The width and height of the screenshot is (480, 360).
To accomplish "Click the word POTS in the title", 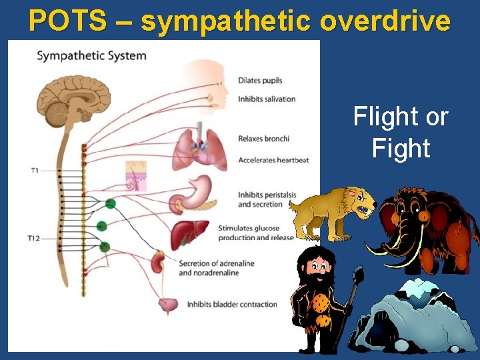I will [x=67, y=21].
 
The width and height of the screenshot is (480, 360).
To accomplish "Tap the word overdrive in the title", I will [x=385, y=21].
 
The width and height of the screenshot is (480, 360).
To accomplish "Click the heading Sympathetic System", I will [x=91, y=55].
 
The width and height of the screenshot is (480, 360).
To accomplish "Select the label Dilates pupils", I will [x=260, y=81].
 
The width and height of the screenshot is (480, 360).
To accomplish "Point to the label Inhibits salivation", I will [x=267, y=99].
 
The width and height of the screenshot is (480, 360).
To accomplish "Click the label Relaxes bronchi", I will [x=263, y=139].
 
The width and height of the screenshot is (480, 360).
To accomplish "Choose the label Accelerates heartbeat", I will [x=273, y=160].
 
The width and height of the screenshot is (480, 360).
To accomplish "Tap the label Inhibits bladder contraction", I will [x=231, y=305].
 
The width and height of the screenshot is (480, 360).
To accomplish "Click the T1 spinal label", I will [x=35, y=171].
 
